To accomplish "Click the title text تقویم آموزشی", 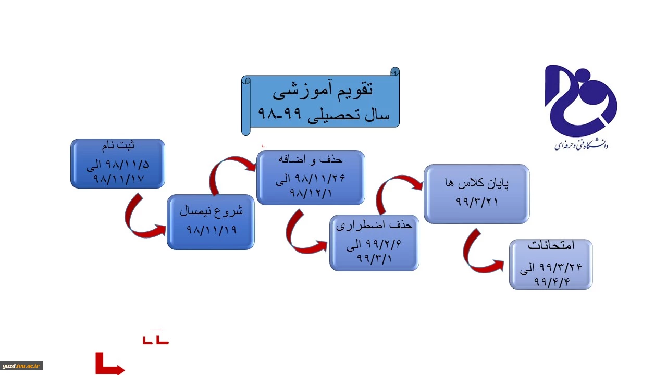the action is pos(323,90).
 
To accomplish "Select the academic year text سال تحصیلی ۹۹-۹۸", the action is pos(324,114).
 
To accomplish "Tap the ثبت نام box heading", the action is pos(118,146).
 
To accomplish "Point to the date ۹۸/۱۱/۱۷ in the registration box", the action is pos(118,179).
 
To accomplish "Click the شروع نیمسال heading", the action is pos(211,211).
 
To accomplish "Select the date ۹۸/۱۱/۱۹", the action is pos(212,230).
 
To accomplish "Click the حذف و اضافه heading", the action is pos(310,160).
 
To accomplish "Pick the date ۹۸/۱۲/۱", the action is pos(311,193).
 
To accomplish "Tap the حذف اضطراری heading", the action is pos(374,226).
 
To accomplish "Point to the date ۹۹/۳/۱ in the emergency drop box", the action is pos(374,258).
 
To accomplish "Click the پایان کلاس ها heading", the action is pos(477,183).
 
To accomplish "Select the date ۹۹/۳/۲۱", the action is pos(477,202).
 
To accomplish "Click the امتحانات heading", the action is pos(551,245).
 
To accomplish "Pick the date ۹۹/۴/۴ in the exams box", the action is pos(551,281).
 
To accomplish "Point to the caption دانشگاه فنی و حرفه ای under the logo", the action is pos(580,145).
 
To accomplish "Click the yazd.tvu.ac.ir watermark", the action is pos(21,366).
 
